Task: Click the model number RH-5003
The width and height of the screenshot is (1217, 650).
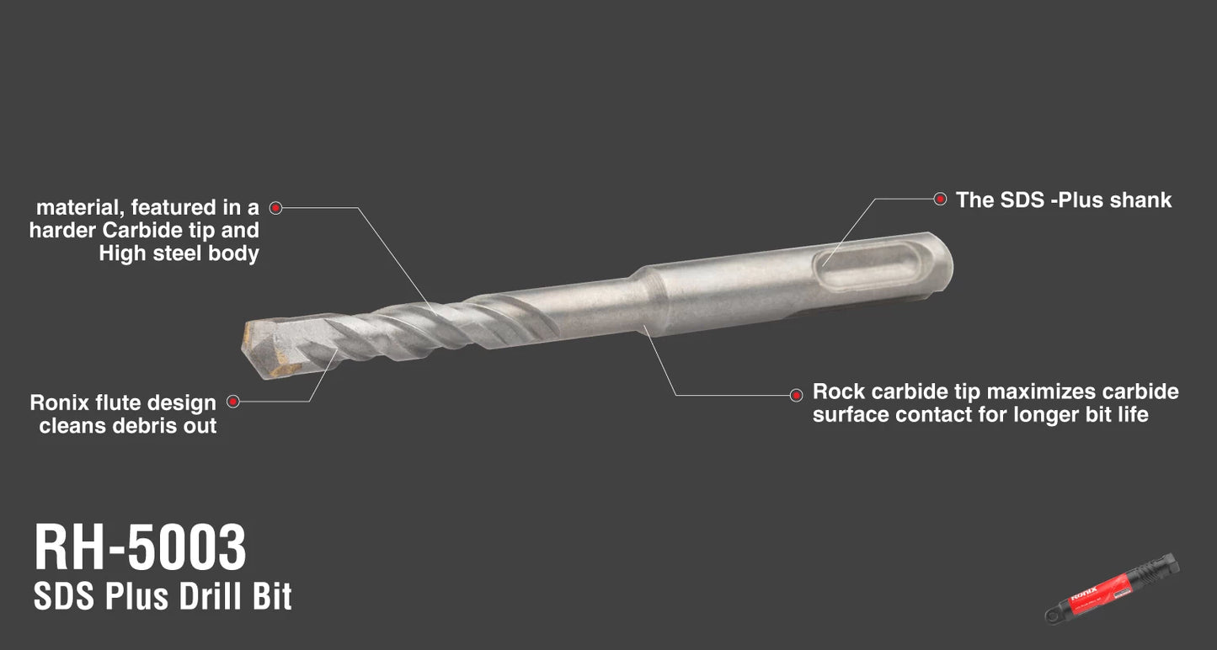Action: (x=140, y=546)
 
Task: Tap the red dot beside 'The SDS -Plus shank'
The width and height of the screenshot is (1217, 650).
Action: (x=940, y=199)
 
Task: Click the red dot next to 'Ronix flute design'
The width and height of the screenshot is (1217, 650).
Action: (x=233, y=402)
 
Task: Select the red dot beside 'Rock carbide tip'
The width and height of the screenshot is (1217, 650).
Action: (x=796, y=395)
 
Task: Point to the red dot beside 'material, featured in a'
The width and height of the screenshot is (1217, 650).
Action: (x=276, y=207)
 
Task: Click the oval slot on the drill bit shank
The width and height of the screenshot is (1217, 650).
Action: (x=868, y=266)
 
